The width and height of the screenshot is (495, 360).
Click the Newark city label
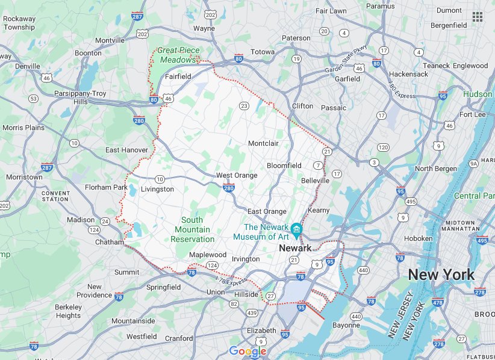click(294, 248)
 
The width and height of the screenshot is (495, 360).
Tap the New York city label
click(441, 275)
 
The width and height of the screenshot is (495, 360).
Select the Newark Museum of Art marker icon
click(296, 229)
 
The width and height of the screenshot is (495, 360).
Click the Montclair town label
click(263, 143)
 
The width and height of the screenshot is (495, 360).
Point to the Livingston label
click(157, 189)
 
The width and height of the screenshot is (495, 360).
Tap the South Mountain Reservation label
click(192, 229)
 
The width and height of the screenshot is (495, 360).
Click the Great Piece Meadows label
click(178, 55)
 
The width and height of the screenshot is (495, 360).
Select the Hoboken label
click(418, 238)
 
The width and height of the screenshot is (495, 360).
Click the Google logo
click(247, 352)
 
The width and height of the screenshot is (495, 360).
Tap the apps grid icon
click(478, 16)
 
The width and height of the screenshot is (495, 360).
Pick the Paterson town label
click(296, 38)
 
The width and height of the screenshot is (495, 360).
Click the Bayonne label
click(346, 325)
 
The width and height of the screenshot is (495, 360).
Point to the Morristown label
click(24, 177)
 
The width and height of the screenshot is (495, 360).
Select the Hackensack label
click(408, 74)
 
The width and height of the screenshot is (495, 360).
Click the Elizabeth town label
click(261, 331)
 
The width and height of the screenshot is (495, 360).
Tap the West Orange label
click(237, 175)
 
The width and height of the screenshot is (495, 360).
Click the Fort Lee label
click(473, 114)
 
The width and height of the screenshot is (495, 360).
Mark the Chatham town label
click(109, 242)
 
